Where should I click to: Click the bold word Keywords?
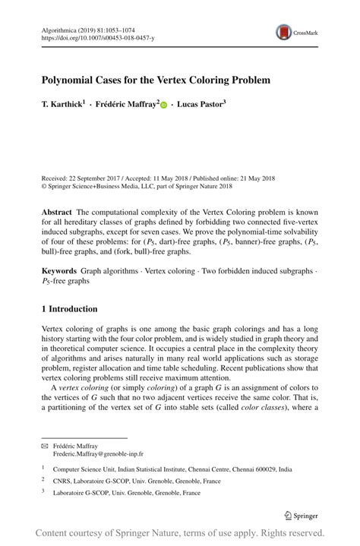tap(58, 270)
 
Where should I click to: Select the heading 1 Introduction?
tap(69, 309)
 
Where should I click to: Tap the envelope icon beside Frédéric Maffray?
tap(44, 446)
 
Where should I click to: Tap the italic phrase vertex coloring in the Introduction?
tap(79, 388)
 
